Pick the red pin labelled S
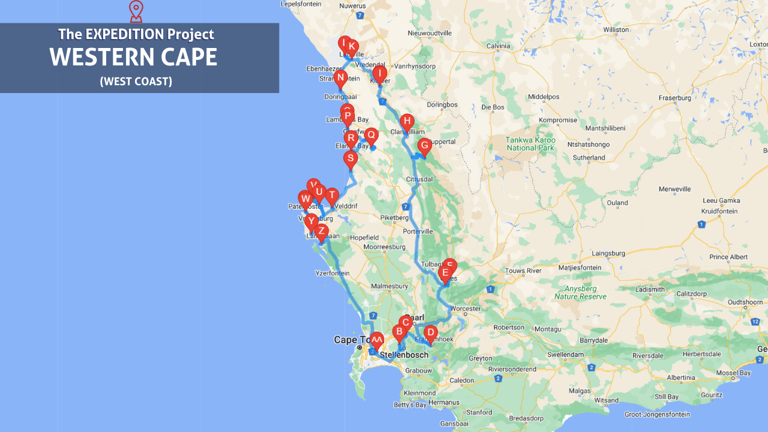(x=350, y=159)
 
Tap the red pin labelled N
(x=341, y=78)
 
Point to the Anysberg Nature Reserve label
(x=580, y=292)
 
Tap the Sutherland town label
(x=589, y=158)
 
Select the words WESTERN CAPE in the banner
(x=133, y=57)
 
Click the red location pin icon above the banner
(x=136, y=10)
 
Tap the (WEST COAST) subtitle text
(x=136, y=81)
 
